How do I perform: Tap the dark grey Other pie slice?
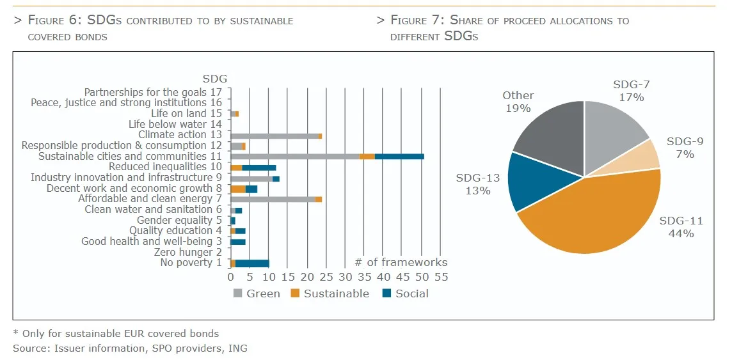tap(547, 137)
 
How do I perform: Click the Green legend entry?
tap(256, 293)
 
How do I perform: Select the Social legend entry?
tap(404, 293)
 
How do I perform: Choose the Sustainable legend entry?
tap(329, 293)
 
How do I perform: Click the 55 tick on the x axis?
tap(441, 277)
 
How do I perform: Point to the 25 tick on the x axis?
tap(326, 277)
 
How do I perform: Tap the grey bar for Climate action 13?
tap(274, 136)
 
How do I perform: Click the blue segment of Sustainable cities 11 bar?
tap(399, 156)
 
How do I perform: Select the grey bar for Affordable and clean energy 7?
tap(273, 199)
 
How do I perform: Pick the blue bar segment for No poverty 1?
tap(252, 263)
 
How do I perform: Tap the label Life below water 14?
tap(175, 124)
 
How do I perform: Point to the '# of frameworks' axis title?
tap(401, 262)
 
